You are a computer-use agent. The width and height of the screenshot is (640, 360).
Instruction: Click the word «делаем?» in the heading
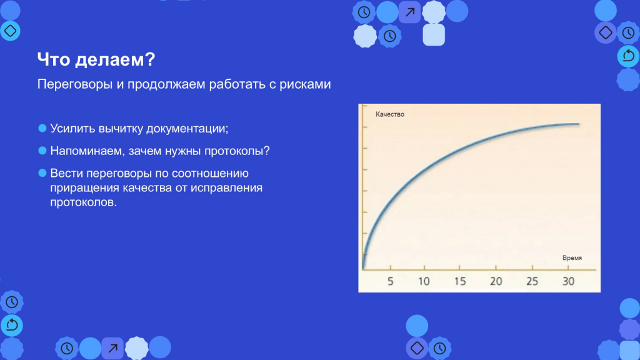coord(115,59)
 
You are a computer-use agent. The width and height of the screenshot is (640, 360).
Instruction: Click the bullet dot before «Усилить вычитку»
coord(42,128)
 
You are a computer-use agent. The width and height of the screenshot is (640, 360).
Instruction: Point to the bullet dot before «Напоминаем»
coord(42,151)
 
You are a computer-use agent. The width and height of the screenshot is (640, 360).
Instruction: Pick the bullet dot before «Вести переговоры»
coord(42,173)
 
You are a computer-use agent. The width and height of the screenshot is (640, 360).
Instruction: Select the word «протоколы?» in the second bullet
coord(237,151)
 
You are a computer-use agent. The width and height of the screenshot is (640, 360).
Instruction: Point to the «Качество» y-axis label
coord(390,114)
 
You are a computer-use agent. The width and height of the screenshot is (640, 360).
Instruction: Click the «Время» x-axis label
coord(572,258)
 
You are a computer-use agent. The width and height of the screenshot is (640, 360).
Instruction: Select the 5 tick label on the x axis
coord(391,281)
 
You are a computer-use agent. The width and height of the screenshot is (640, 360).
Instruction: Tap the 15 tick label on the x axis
coord(460,281)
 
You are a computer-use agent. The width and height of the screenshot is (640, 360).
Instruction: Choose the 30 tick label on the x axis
coord(569,281)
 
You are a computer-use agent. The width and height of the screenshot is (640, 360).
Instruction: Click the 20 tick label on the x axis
coord(496,281)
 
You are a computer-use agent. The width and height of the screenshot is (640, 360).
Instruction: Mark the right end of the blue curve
coord(579,124)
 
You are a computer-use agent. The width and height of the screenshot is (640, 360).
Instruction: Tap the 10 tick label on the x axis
coord(424,281)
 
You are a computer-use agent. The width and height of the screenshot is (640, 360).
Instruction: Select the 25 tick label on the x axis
coord(532,281)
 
